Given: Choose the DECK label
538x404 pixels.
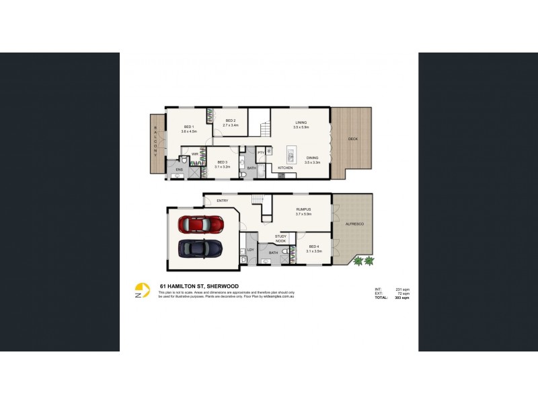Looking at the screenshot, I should point(352,139).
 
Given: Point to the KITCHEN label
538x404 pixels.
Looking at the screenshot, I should point(286,167).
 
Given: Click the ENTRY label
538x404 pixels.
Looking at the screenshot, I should point(222,201).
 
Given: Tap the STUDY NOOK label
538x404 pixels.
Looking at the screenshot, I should point(281,238).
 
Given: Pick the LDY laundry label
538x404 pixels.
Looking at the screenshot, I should point(250,250).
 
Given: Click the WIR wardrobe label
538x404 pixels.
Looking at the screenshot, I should point(194,154).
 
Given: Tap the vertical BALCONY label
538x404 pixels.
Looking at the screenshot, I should point(155,141).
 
